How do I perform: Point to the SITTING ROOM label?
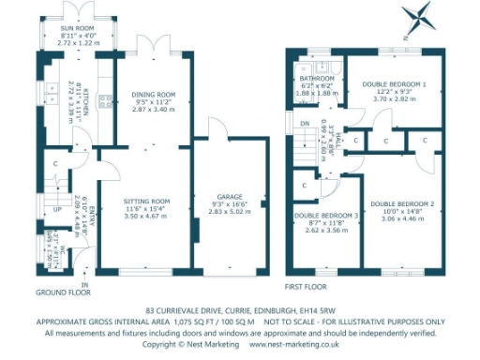[x=147, y=201]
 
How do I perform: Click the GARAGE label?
[x=230, y=197]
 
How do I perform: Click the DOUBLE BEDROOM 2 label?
[x=401, y=203]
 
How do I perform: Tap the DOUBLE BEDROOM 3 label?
[x=326, y=216]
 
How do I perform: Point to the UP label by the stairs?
[x=55, y=209]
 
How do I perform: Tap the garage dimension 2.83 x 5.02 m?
[x=230, y=213]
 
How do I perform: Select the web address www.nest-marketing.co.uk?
[x=294, y=345]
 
